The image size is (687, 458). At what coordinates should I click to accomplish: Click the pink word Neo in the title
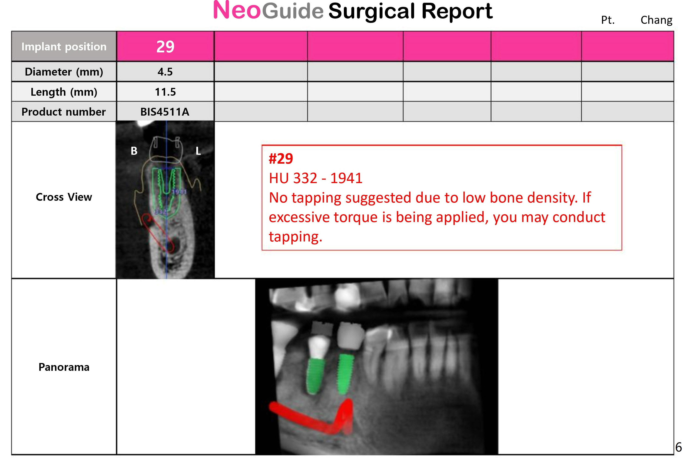[x=237, y=10]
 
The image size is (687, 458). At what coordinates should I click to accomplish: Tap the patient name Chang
[x=656, y=20]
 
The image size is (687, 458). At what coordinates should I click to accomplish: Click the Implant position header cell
[x=64, y=46]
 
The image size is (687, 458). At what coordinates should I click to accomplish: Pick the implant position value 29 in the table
[x=165, y=46]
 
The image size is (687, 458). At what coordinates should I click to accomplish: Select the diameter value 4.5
[x=165, y=72]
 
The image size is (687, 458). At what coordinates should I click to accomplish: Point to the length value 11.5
[x=165, y=92]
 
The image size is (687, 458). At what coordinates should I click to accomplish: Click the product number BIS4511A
[x=165, y=112]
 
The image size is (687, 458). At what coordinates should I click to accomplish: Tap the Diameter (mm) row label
[x=64, y=72]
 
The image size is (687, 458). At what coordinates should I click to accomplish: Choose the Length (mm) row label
[x=64, y=92]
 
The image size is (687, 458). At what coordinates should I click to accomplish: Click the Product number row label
[x=64, y=112]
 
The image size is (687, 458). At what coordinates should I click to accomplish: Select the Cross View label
[x=64, y=197]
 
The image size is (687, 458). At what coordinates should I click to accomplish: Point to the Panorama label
[x=64, y=367]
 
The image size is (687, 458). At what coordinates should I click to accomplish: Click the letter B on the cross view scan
[x=134, y=151]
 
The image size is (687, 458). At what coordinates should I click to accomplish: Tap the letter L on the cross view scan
[x=198, y=151]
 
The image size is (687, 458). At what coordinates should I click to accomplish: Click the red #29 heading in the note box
[x=281, y=159]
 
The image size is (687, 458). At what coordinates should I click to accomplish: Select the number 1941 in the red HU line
[x=346, y=178]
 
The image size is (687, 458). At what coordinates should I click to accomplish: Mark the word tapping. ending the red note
[x=296, y=237]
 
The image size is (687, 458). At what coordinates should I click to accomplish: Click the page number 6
[x=679, y=447]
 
